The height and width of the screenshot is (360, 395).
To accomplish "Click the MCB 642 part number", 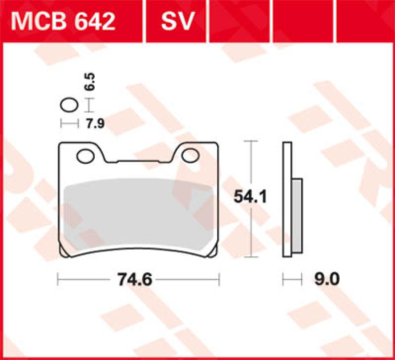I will point(64,21).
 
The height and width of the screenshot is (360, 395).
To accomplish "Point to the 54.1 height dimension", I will point(250,197).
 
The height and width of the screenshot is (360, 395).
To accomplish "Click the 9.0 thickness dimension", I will point(325,280).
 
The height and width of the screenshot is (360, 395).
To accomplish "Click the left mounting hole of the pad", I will point(86,156).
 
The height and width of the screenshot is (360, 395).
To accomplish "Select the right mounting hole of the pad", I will point(190,156).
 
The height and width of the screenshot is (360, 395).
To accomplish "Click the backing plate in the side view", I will point(286,200).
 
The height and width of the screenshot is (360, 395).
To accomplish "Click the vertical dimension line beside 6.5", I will point(88,105).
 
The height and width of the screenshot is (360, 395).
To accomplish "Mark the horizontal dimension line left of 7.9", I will point(69,123).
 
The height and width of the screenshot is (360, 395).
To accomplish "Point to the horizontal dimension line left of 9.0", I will point(292,280).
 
